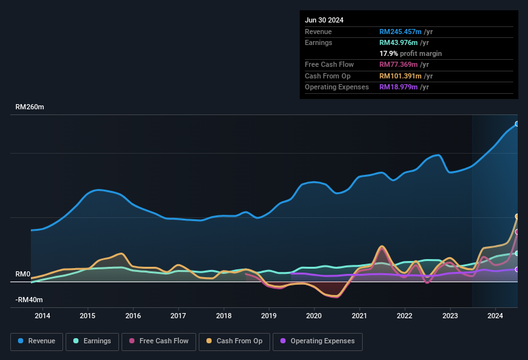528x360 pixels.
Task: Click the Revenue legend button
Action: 37,341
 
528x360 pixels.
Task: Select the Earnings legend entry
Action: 92,341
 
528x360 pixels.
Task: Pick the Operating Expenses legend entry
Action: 318,341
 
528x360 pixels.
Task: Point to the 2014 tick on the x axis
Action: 42,316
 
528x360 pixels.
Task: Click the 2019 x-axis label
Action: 269,316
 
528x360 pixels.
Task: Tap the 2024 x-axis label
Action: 495,316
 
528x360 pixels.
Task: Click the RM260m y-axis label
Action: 30,107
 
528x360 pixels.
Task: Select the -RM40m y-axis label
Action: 30,300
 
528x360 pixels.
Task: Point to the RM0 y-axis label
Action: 23,274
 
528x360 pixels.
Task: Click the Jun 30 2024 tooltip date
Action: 324,20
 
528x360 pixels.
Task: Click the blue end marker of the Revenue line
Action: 517,124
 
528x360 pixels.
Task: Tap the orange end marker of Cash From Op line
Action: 517,217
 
